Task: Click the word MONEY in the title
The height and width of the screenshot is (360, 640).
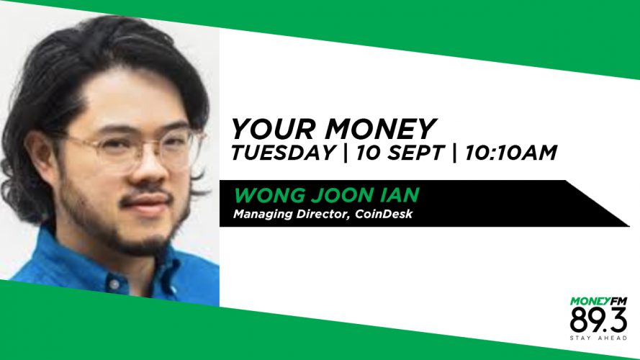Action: pyautogui.click(x=380, y=129)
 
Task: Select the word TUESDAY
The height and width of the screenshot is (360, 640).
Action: pyautogui.click(x=283, y=153)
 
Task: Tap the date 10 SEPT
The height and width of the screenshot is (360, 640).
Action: pyautogui.click(x=400, y=153)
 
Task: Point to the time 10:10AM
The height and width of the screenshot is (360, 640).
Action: pyautogui.click(x=510, y=153)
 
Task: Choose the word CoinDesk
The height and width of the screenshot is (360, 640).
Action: pyautogui.click(x=384, y=215)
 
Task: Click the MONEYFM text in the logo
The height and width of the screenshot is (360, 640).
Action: pyautogui.click(x=598, y=302)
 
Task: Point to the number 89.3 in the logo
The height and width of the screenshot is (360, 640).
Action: pyautogui.click(x=598, y=320)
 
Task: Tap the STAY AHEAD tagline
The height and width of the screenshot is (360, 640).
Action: pyautogui.click(x=598, y=338)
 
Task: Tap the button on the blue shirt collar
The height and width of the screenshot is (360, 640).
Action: pyautogui.click(x=114, y=283)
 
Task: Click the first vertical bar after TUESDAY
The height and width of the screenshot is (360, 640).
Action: pyautogui.click(x=346, y=153)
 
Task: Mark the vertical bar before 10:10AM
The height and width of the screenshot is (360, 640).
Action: pyautogui.click(x=454, y=153)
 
